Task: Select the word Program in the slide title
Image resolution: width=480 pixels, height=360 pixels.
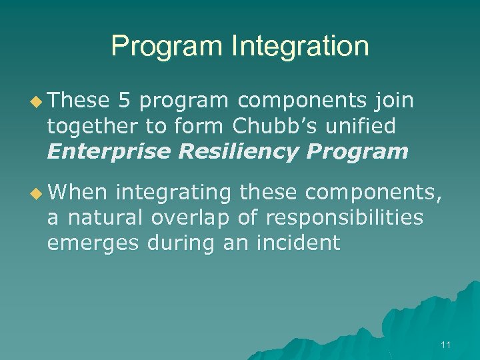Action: pos(167,47)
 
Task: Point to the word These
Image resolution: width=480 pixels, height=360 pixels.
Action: pos(78,101)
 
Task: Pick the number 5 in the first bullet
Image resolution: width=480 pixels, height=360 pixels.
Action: pos(124,101)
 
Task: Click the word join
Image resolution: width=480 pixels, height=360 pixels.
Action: pos(395,101)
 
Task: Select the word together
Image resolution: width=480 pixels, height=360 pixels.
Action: pos(96,126)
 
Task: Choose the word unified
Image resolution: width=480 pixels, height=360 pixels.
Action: pos(365,126)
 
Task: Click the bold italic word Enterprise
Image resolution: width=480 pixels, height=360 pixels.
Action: pos(109,151)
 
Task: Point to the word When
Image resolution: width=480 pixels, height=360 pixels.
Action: pos(77,193)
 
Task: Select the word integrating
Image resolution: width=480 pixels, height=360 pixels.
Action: pos(173,193)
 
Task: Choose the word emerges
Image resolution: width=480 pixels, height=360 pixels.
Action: pos(87,243)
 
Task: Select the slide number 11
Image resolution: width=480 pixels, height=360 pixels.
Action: pos(446,345)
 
